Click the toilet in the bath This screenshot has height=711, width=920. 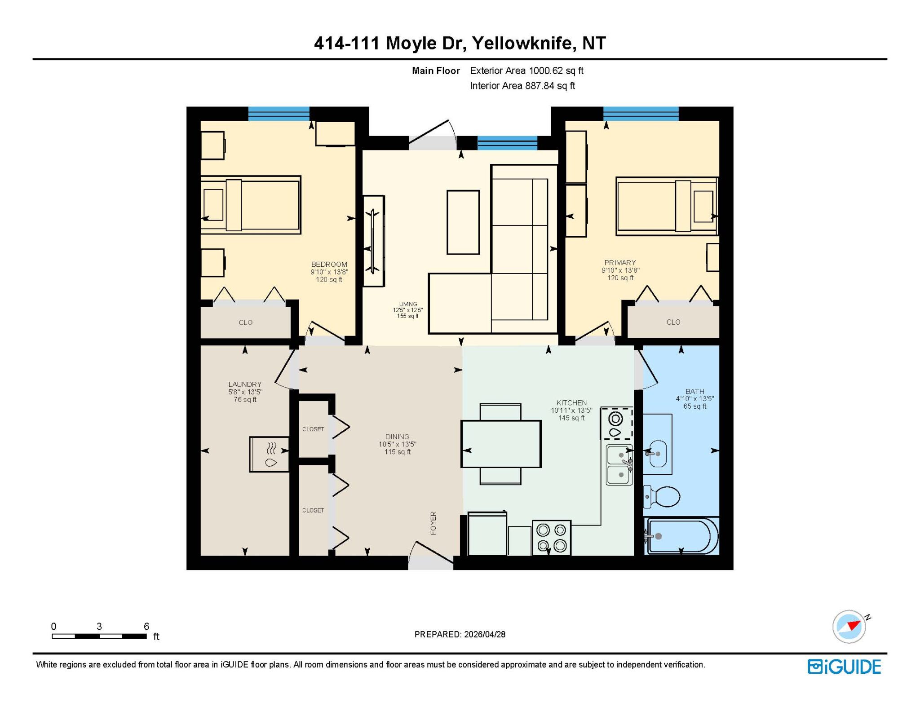[662, 496]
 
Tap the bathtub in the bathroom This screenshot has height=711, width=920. [681, 536]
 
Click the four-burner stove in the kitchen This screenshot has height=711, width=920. [552, 537]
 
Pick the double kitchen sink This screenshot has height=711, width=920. [619, 465]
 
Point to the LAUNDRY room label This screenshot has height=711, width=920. [245, 384]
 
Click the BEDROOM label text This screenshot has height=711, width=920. [329, 264]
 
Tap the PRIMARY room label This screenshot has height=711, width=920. [620, 262]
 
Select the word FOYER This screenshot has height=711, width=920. [433, 523]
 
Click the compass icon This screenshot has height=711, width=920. [849, 627]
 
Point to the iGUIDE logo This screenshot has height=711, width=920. [844, 667]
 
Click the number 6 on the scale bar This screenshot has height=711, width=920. [146, 626]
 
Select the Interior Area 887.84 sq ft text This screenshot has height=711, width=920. [522, 85]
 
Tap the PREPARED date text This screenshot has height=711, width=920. [460, 634]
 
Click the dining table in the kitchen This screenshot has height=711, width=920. [501, 444]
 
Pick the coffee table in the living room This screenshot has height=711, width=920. [463, 222]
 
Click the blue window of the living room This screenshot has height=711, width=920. [507, 143]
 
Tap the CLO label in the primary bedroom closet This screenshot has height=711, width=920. [673, 322]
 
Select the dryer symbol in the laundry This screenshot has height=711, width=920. [270, 454]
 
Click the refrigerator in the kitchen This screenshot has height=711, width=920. [487, 534]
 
